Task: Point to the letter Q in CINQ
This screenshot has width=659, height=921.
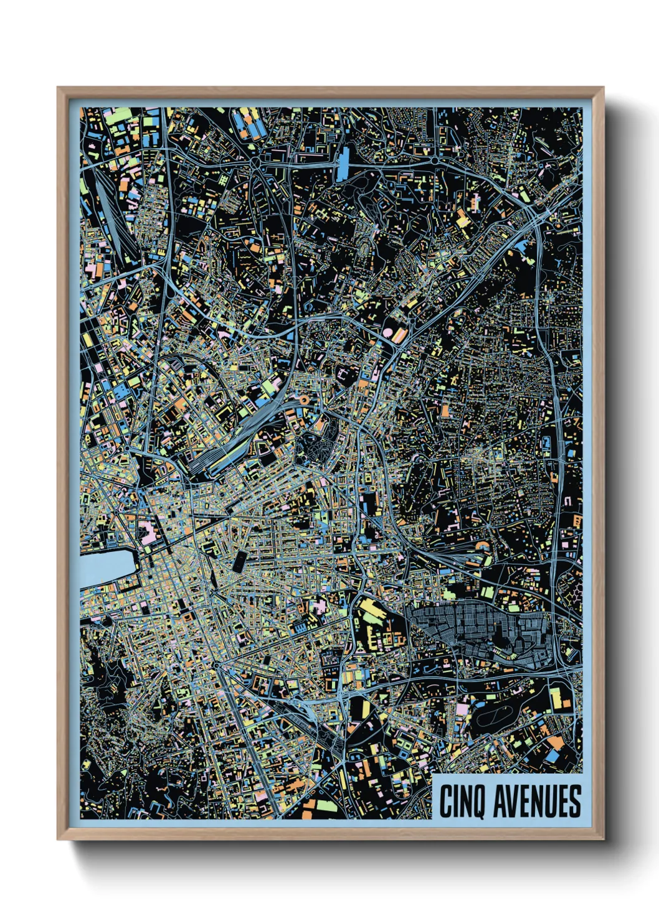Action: click(478, 802)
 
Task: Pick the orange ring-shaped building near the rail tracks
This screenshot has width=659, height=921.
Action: click(304, 400)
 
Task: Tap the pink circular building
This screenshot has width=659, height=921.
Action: click(387, 334)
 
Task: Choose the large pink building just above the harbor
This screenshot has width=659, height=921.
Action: click(148, 533)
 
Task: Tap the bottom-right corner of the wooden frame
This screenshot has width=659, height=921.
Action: click(603, 839)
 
